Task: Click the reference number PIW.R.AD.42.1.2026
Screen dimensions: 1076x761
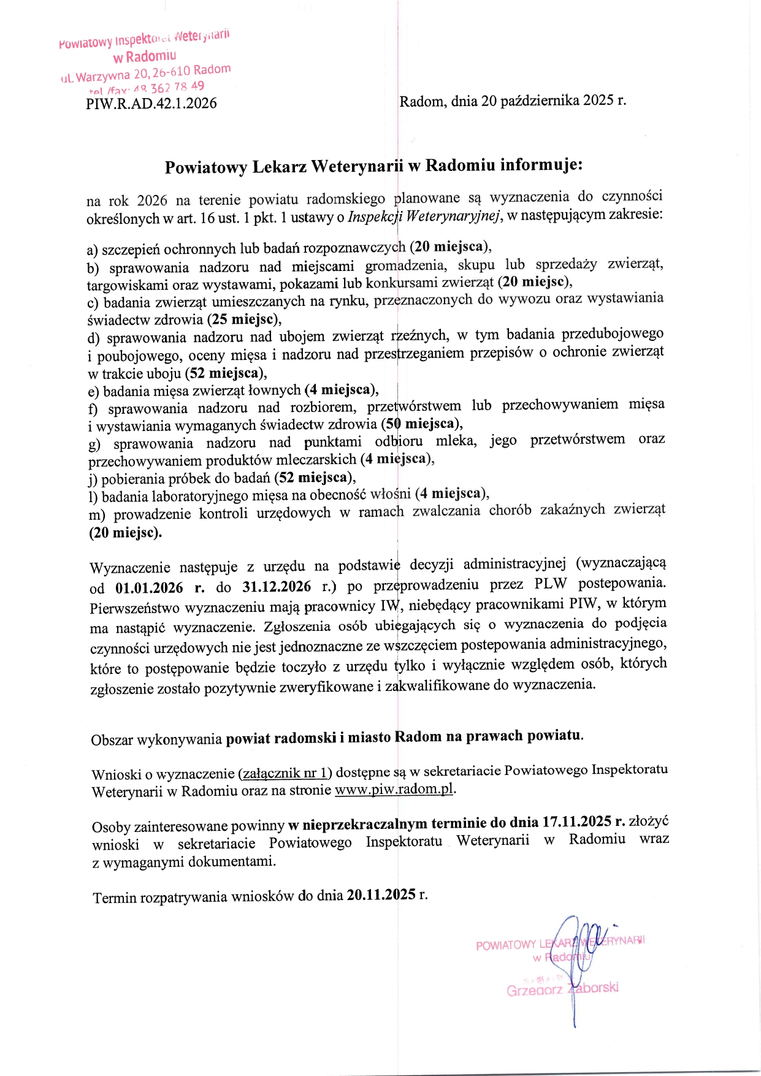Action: [x=151, y=103]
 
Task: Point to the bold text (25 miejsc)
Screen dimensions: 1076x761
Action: [x=244, y=319]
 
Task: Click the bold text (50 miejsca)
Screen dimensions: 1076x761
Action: [x=421, y=424]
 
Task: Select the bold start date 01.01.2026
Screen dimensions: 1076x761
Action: [x=149, y=588]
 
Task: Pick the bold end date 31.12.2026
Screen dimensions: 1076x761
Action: [x=277, y=587]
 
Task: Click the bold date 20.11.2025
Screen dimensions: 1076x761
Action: [x=381, y=895]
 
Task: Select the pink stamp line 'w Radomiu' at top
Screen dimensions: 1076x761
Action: [x=145, y=57]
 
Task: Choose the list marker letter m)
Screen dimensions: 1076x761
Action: [x=97, y=515]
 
